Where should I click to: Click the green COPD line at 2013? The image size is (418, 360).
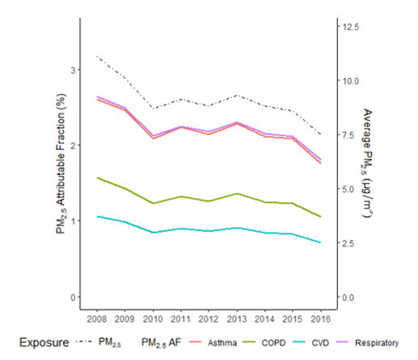tap(237, 193)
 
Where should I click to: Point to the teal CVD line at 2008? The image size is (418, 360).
tap(96, 216)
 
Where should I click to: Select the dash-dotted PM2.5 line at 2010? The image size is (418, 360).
tap(153, 108)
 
